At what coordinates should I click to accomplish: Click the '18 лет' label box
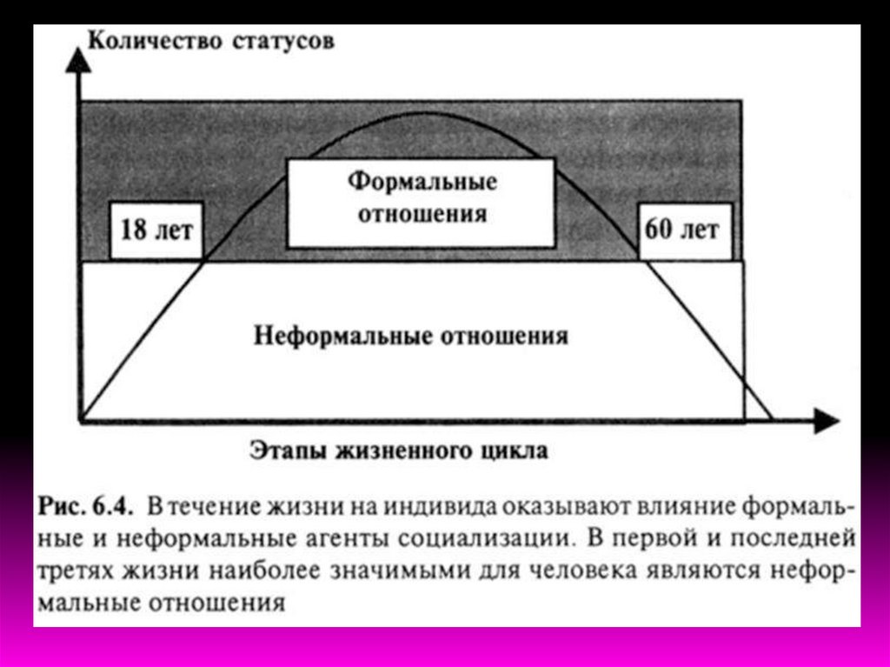[156, 232]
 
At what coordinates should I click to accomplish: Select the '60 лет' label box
[682, 230]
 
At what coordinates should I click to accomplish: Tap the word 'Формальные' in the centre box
[422, 182]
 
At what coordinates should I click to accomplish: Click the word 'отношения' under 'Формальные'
[422, 213]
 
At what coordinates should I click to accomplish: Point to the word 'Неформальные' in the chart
[334, 337]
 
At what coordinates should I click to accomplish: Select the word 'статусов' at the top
[283, 42]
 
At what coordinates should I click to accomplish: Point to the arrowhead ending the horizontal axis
[827, 422]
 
